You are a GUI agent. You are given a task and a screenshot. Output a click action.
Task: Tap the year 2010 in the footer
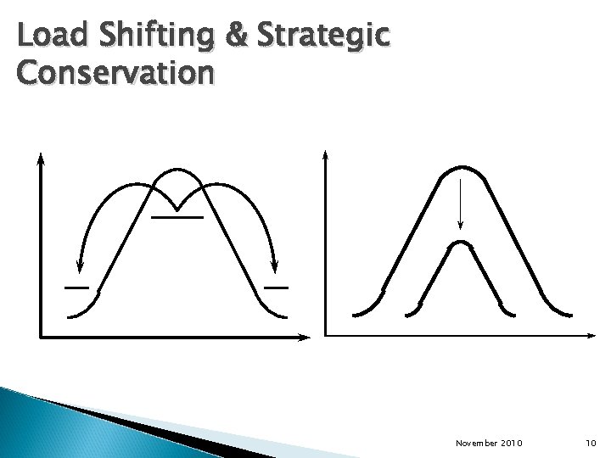click(514, 443)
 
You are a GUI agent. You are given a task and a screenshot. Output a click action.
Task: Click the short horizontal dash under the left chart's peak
click(177, 218)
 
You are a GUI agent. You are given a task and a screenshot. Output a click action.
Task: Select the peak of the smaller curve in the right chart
click(459, 243)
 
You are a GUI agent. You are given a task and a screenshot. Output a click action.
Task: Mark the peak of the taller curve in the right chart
click(459, 166)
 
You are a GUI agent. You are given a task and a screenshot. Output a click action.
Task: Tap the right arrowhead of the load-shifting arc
click(273, 266)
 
